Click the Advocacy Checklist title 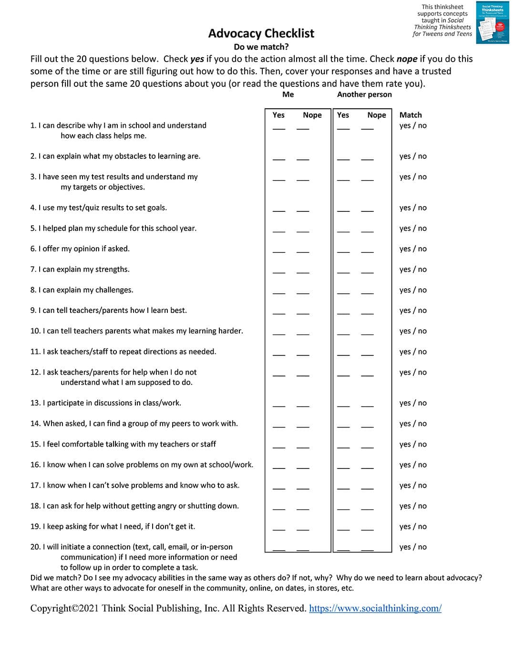(x=261, y=33)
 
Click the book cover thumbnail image (x=493, y=23)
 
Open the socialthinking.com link (x=375, y=608)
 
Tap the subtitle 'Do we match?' (x=261, y=47)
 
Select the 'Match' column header (x=411, y=115)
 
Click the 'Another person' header (x=364, y=94)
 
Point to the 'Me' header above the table (x=288, y=94)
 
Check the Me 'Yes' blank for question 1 (x=279, y=127)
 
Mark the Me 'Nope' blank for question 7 (x=303, y=271)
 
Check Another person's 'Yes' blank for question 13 (x=343, y=405)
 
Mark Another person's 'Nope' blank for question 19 (x=367, y=529)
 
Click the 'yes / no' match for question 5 (x=413, y=229)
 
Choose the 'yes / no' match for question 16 (x=413, y=465)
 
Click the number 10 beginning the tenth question (x=35, y=331)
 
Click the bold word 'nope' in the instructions (x=407, y=59)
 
